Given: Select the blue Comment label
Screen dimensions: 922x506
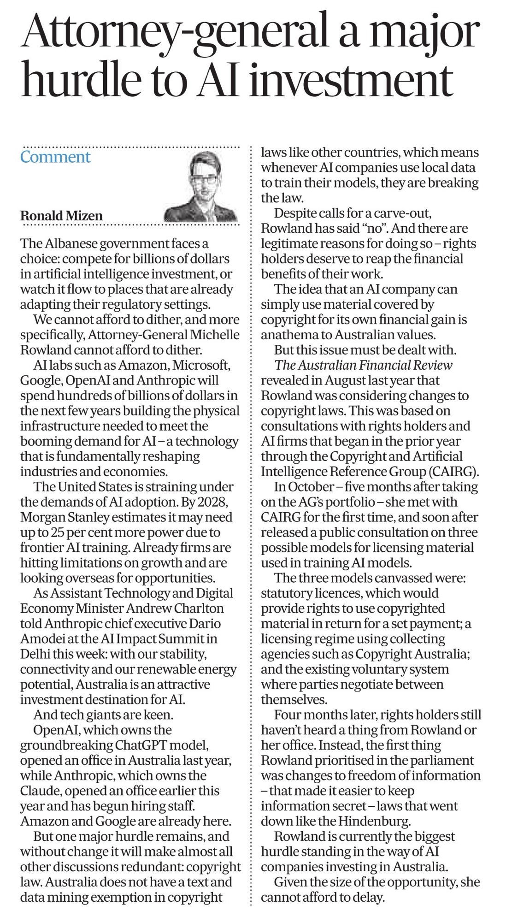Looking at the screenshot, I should (55, 157).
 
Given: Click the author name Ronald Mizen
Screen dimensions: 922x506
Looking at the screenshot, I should (61, 215).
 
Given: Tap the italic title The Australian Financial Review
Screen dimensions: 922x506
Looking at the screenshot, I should (364, 365).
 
